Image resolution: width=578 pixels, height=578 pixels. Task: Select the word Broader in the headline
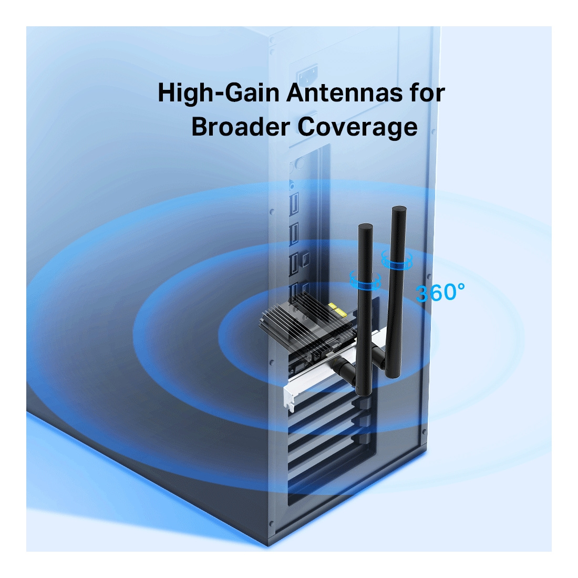pyautogui.click(x=240, y=127)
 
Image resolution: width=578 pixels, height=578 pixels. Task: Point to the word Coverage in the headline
pyautogui.click(x=358, y=128)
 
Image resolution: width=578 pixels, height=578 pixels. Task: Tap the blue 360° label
pyautogui.click(x=440, y=293)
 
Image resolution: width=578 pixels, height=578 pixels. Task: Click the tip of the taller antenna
pyautogui.click(x=399, y=210)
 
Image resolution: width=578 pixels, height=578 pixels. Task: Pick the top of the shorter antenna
pyautogui.click(x=366, y=228)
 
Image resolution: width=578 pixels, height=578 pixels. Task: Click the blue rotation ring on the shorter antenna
pyautogui.click(x=365, y=281)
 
